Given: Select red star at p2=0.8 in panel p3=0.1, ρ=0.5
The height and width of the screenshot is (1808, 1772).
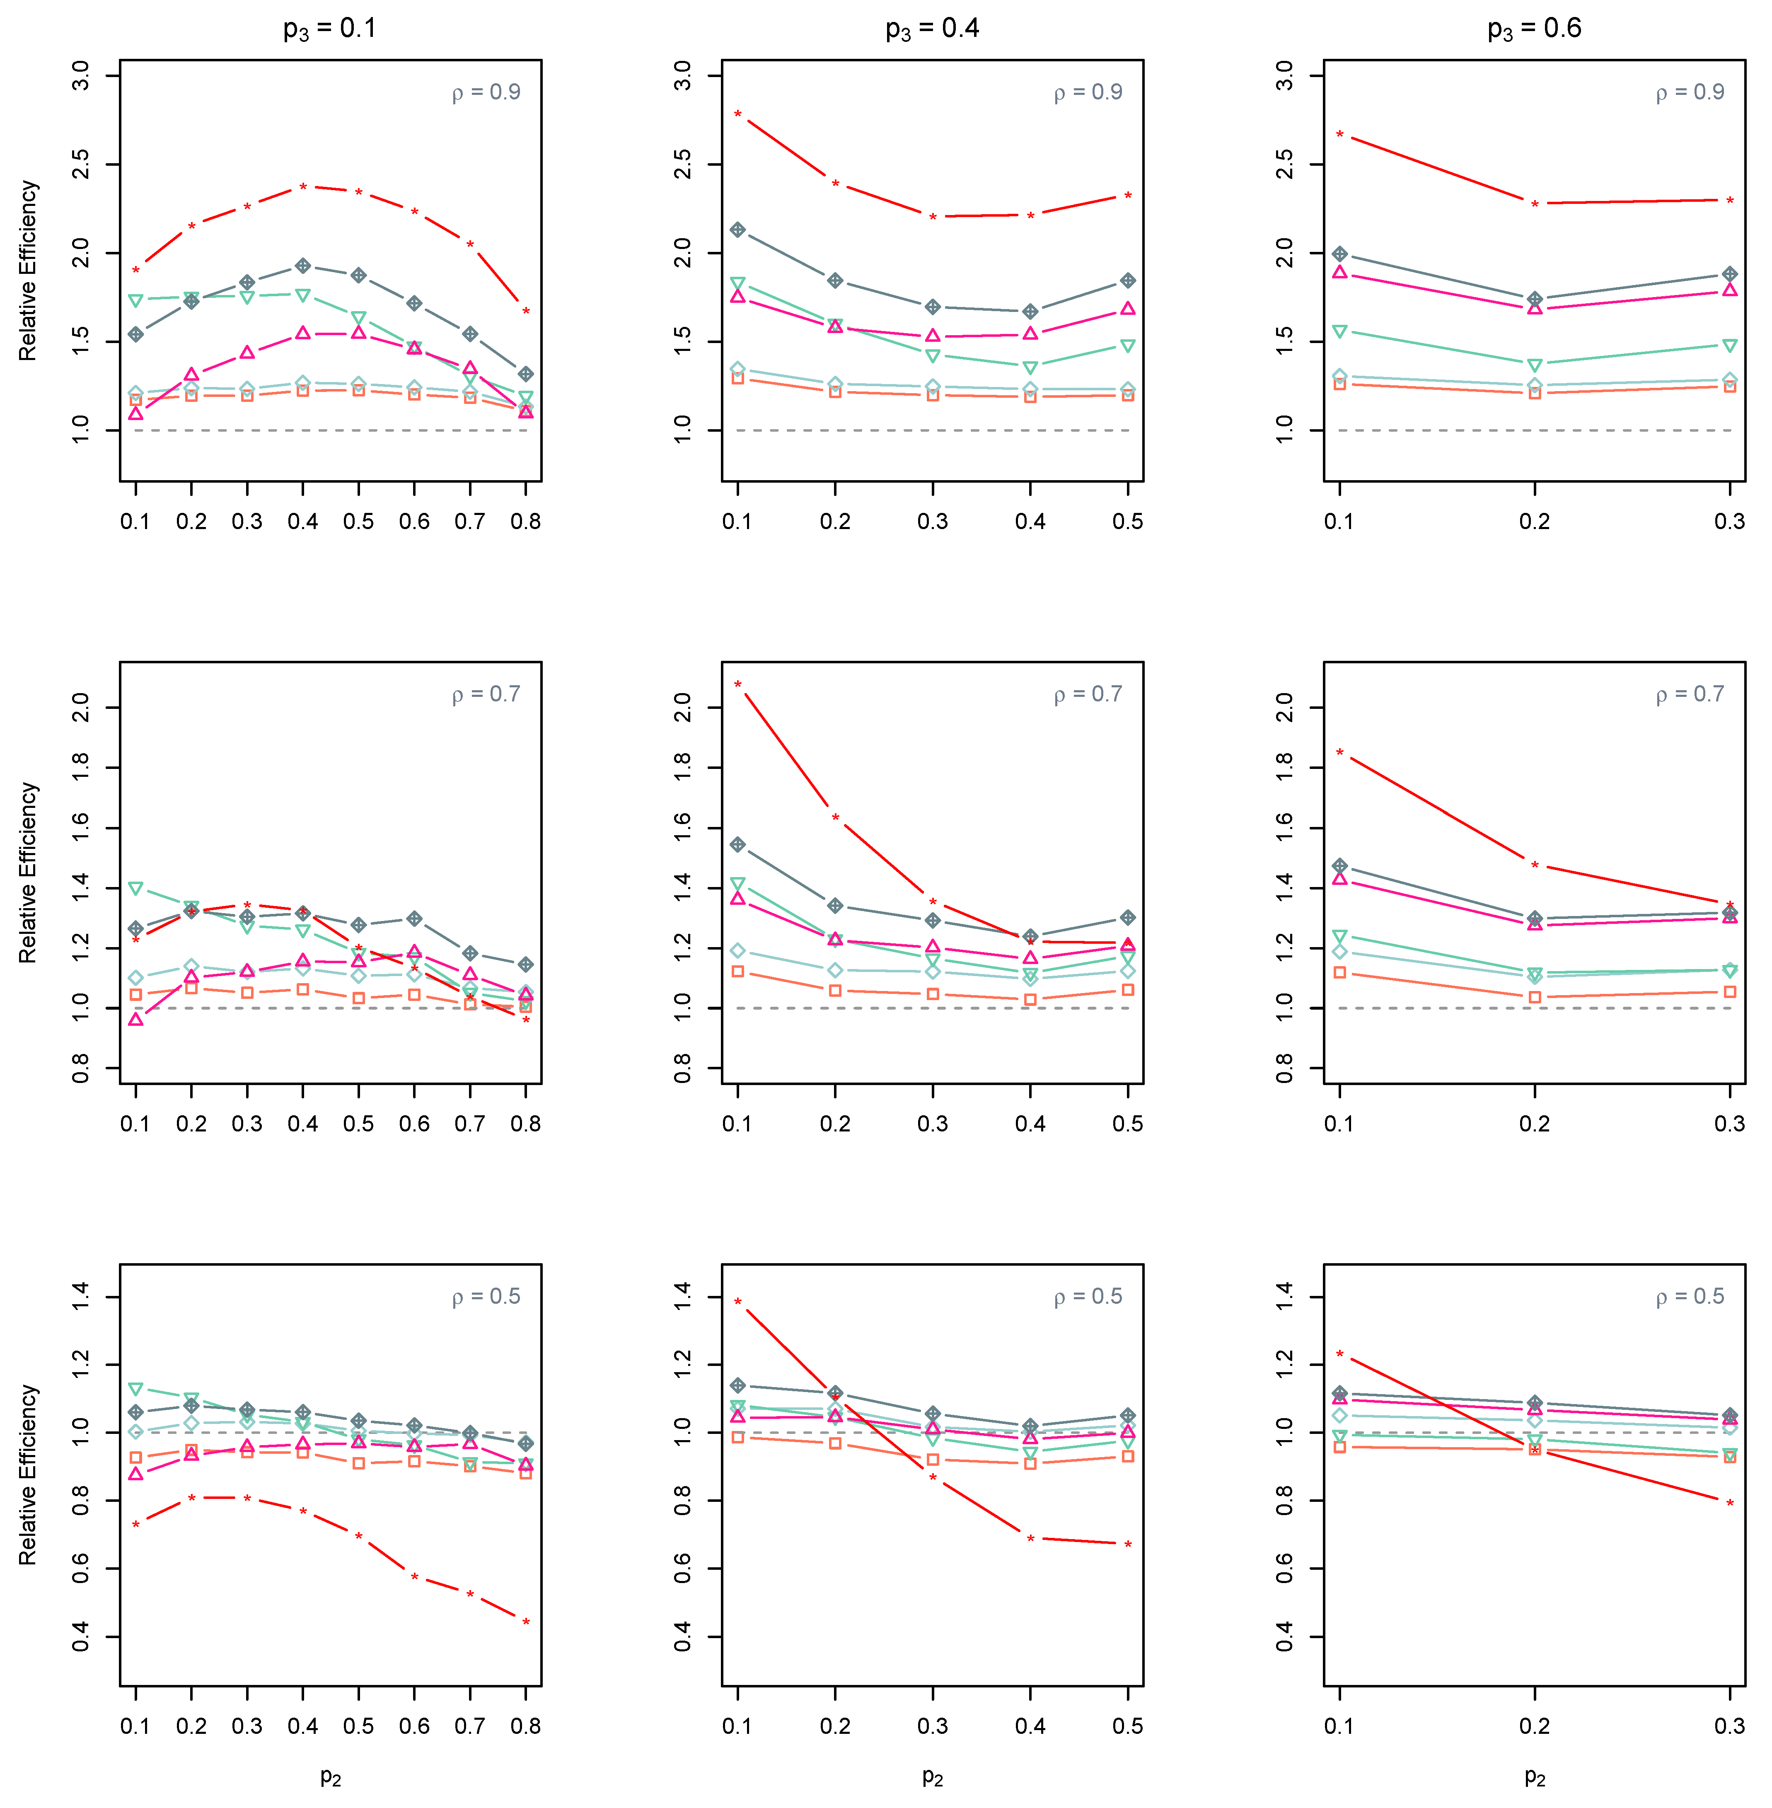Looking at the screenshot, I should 526,1623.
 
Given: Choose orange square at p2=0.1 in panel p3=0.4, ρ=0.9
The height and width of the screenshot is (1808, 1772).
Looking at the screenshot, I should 738,378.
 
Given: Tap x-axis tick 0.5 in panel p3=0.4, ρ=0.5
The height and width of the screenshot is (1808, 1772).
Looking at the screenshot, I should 1128,1726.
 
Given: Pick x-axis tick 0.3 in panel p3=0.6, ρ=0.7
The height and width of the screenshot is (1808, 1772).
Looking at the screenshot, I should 1730,1124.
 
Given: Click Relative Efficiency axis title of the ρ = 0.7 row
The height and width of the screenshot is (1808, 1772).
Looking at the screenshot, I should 28,873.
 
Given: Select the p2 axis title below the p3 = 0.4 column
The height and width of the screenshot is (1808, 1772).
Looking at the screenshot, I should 933,1777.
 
